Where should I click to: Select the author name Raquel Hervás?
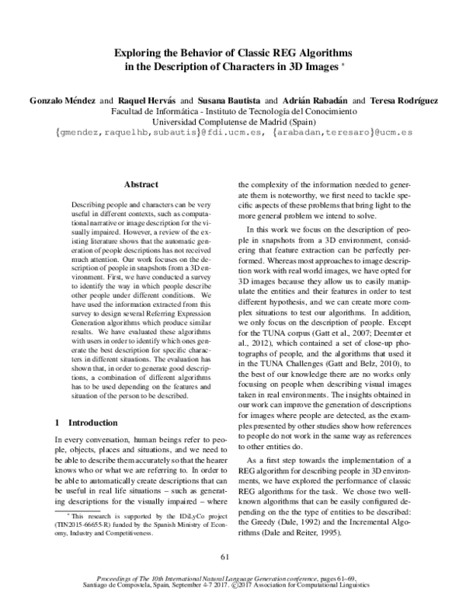point(148,101)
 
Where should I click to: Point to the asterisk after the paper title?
point(343,64)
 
